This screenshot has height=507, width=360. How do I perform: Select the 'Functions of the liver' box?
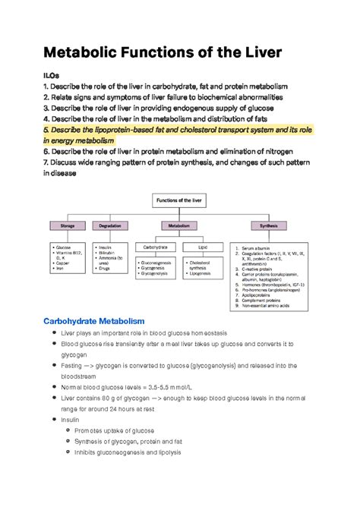click(179, 201)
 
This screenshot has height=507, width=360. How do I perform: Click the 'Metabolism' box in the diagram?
click(179, 225)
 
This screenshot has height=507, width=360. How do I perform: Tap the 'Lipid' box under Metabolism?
click(201, 247)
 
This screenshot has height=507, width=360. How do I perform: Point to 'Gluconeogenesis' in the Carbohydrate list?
click(160, 262)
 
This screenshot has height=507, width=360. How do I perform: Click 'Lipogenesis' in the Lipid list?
click(202, 273)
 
